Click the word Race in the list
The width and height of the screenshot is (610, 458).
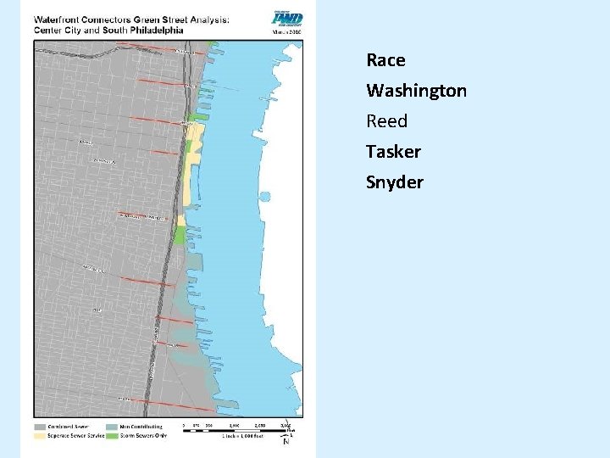click(385, 60)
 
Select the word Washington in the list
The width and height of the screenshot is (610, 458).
click(416, 91)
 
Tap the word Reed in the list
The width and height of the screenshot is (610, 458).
click(386, 121)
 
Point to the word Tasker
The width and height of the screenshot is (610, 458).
click(393, 152)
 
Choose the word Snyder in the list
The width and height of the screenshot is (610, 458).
click(394, 182)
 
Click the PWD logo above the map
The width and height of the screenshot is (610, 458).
click(286, 19)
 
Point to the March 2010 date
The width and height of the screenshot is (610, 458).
click(286, 32)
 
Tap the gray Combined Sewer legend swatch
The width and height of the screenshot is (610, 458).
click(41, 427)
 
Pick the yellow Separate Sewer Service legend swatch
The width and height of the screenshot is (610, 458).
click(41, 436)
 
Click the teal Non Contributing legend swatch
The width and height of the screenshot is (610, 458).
click(113, 427)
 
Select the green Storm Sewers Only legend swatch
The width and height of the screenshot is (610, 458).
click(113, 436)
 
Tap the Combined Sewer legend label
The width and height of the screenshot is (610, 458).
click(69, 427)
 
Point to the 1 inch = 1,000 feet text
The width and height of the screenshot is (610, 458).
click(241, 437)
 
